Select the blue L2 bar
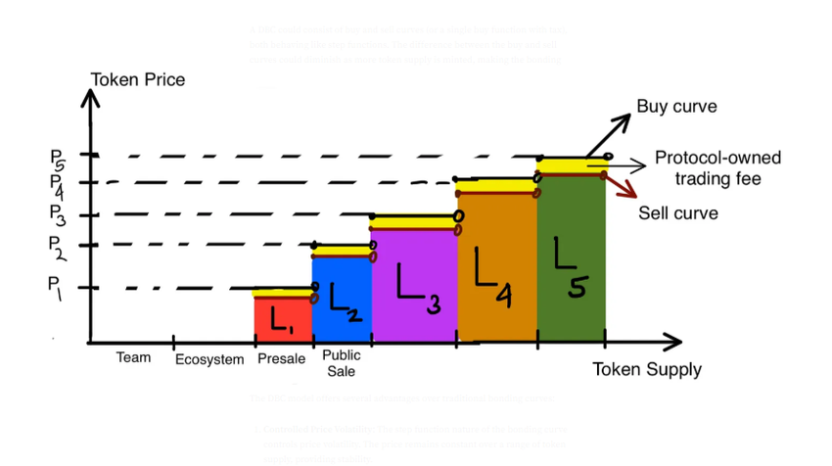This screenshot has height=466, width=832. [342, 299]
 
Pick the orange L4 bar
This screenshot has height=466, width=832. [496, 268]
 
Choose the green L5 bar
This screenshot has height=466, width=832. [571, 259]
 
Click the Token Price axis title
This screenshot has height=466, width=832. [137, 79]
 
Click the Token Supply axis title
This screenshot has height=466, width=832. [646, 369]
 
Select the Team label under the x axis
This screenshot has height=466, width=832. [134, 357]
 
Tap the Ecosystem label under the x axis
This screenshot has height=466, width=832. [209, 359]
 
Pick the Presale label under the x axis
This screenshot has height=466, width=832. [281, 358]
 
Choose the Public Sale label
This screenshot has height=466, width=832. [341, 363]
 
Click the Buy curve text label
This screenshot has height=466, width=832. [676, 106]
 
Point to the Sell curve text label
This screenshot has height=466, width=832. [678, 213]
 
